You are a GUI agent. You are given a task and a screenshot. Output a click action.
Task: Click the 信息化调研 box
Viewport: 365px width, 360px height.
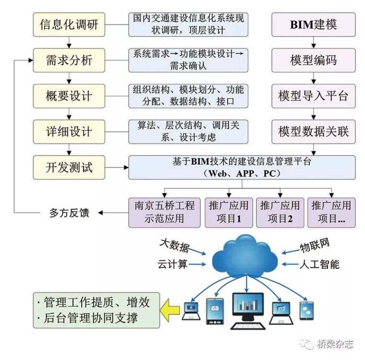click(70, 24)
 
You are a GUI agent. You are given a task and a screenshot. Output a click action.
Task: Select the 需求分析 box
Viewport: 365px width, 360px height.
click(70, 60)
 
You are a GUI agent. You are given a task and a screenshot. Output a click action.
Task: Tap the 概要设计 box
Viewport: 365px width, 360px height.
click(70, 96)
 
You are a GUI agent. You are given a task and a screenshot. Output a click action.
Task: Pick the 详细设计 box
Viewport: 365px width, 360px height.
click(70, 131)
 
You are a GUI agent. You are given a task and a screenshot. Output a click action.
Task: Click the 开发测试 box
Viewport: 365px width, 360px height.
click(70, 167)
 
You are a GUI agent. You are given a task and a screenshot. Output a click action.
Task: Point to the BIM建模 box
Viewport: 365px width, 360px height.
click(314, 24)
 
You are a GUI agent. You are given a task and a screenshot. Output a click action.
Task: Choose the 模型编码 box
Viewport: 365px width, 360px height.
click(314, 60)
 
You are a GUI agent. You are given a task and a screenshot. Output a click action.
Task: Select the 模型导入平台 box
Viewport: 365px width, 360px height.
click(314, 96)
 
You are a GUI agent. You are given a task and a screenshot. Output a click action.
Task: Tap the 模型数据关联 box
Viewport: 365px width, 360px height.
click(314, 131)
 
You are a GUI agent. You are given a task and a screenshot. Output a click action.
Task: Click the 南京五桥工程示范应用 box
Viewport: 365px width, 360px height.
click(164, 212)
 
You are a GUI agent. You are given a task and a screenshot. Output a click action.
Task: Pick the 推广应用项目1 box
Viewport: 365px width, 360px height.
click(229, 212)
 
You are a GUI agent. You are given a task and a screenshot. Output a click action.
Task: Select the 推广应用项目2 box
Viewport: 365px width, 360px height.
click(280, 212)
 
